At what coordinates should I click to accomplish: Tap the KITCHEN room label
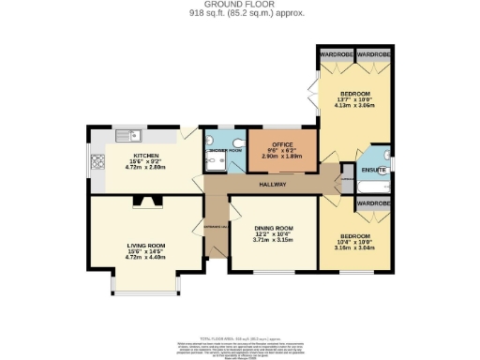pyautogui.click(x=145, y=156)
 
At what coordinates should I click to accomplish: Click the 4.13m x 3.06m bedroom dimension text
pyautogui.click(x=355, y=106)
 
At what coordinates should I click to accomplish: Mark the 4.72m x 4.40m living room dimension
pyautogui.click(x=145, y=257)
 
